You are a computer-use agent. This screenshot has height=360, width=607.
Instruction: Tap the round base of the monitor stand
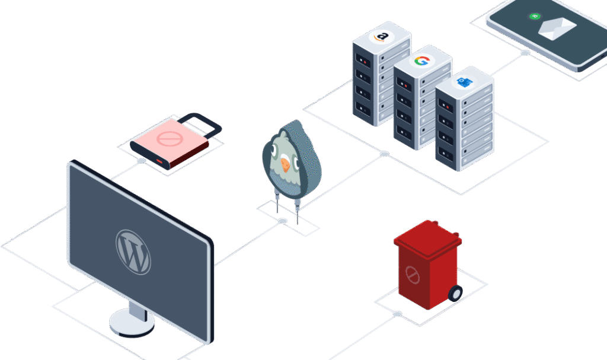[132, 322]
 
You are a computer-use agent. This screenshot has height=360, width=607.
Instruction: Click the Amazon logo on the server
[382, 37]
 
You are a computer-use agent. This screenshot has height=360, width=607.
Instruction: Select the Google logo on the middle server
[421, 60]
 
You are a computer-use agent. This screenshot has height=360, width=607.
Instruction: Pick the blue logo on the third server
[464, 82]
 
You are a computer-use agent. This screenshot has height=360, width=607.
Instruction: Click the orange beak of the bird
[286, 164]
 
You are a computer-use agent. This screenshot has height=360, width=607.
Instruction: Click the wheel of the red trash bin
[455, 293]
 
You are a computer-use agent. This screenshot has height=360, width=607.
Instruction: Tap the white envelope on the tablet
[557, 27]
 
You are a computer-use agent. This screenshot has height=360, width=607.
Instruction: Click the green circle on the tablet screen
[533, 16]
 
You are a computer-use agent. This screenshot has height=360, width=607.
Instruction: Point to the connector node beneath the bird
[283, 221]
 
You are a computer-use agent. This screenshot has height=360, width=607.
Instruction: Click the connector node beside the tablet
[525, 53]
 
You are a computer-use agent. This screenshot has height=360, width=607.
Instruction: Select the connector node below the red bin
[397, 314]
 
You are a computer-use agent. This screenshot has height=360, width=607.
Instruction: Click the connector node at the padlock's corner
[141, 161]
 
